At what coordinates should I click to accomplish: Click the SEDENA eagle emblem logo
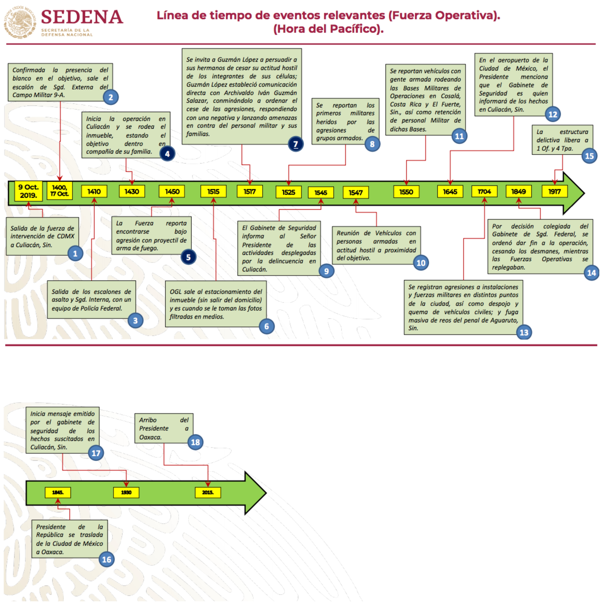(19, 22)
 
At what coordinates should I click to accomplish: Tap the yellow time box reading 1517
(250, 191)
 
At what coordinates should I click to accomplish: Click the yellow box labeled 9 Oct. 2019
(29, 191)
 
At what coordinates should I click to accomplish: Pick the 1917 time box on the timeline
(554, 191)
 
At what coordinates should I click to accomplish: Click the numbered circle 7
(295, 144)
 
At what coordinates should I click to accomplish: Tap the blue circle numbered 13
(524, 332)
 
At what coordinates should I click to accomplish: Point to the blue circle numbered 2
(111, 97)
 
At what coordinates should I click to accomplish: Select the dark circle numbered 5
(188, 257)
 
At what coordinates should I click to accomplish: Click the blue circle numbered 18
(195, 442)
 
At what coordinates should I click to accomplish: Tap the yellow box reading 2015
(208, 492)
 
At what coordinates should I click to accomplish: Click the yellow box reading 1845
(58, 492)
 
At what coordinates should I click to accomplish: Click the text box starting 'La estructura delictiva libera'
(562, 140)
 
